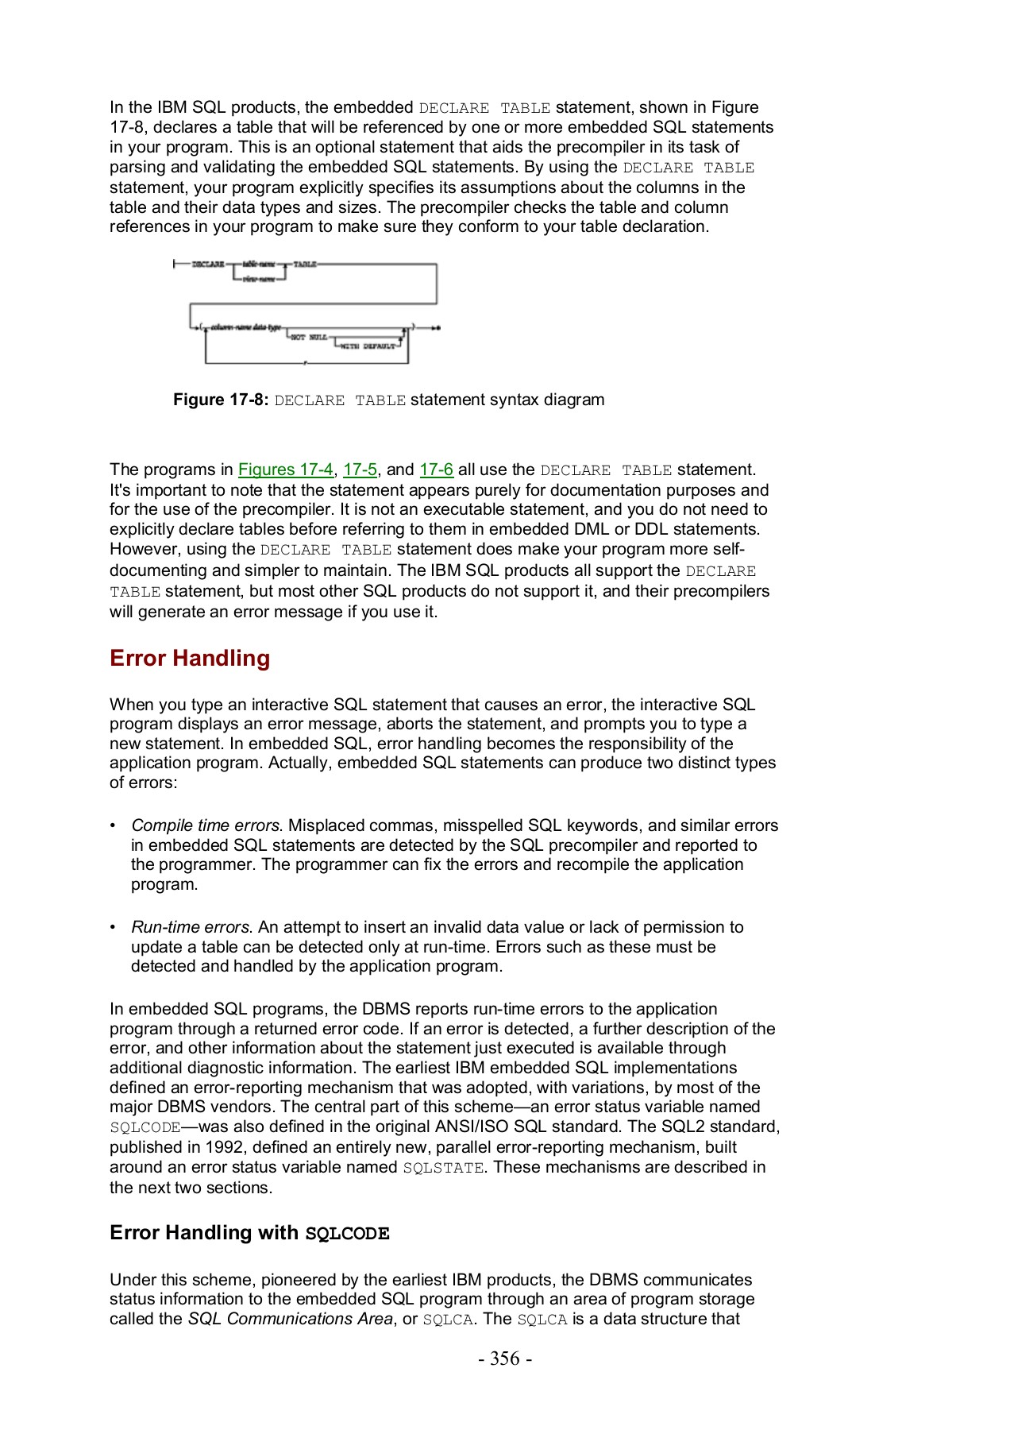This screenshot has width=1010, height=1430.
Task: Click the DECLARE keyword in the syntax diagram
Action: pos(208,264)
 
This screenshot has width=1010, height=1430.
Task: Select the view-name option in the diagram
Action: pos(256,279)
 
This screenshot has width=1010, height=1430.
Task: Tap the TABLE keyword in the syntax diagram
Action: pos(305,264)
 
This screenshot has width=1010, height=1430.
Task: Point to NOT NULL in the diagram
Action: pos(308,338)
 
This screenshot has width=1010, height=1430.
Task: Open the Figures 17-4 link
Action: pos(285,470)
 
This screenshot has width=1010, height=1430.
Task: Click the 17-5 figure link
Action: pos(360,470)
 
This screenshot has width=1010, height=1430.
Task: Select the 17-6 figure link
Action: pos(436,470)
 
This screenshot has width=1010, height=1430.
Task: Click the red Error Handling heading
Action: pos(190,658)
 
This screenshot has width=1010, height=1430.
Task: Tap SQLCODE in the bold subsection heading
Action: pos(347,1234)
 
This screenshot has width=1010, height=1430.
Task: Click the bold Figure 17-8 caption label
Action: pos(221,400)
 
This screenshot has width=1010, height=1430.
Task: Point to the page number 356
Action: pos(505,1358)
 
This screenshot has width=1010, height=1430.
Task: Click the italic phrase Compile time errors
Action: pos(206,825)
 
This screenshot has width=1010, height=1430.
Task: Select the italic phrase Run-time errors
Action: pos(191,927)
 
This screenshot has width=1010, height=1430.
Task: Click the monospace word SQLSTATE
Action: pos(443,1168)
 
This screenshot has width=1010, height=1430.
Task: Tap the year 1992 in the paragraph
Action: pos(224,1147)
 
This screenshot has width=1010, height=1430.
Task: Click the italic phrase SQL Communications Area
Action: pos(290,1319)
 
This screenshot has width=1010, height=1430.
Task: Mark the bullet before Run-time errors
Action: pos(114,927)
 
